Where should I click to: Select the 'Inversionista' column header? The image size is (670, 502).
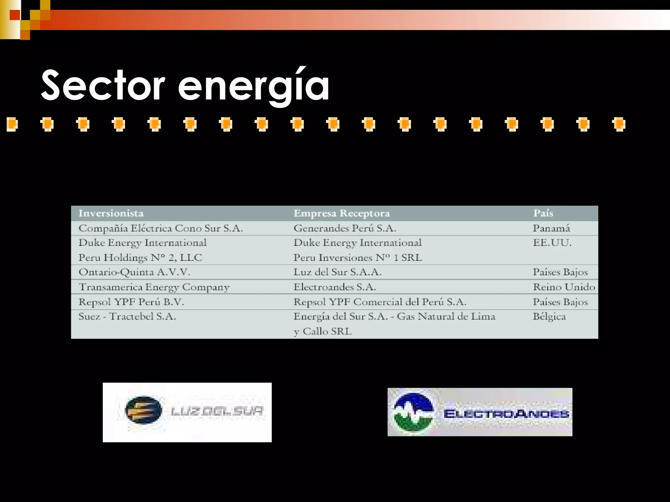click(111, 213)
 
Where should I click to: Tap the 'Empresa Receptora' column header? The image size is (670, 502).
click(342, 213)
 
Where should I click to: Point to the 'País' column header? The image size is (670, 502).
click(543, 213)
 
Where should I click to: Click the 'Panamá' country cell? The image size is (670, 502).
click(551, 228)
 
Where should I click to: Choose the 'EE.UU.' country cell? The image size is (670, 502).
click(552, 243)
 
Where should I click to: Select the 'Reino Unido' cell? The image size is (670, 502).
click(564, 287)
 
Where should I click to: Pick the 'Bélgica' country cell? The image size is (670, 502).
click(549, 316)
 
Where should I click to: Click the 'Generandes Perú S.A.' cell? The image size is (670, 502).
click(345, 228)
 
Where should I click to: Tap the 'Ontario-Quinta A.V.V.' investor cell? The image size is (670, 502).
click(134, 272)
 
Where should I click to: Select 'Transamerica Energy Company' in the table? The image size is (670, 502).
click(154, 287)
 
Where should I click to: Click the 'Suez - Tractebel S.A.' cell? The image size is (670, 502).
click(127, 316)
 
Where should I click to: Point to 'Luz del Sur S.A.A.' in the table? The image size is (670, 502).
click(337, 272)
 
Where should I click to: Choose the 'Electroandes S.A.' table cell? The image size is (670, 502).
click(335, 287)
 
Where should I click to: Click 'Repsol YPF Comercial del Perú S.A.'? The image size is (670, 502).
click(380, 302)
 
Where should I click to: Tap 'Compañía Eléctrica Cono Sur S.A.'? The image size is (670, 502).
click(161, 228)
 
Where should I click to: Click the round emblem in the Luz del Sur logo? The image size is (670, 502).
click(143, 410)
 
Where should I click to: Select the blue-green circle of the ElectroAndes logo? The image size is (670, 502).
click(414, 412)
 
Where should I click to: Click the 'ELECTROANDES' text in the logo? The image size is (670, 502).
click(506, 414)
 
